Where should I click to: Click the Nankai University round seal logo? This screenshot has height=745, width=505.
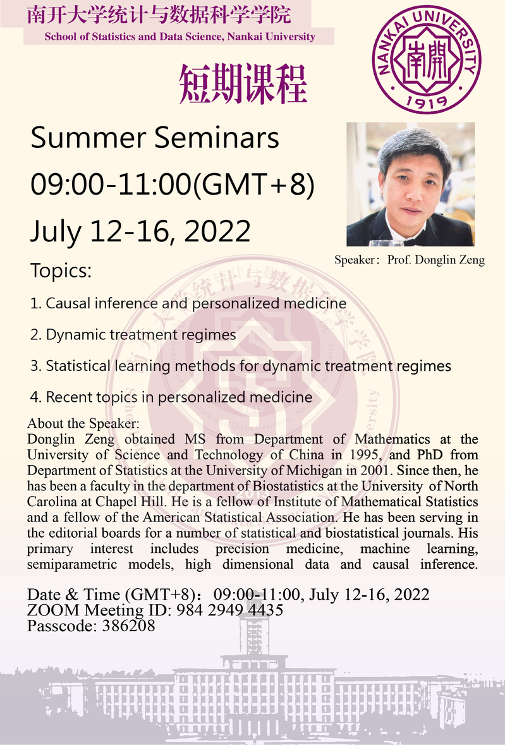pos(426,59)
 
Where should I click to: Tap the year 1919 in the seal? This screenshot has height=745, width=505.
pos(427,100)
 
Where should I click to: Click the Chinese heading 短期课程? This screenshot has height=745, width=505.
pos(243,84)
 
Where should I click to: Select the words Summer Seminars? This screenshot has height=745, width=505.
pos(155,138)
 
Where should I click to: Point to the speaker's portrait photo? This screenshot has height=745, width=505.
pos(410,185)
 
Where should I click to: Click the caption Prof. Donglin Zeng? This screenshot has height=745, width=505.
pos(435,260)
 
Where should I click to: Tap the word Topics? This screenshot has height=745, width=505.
pos(61,271)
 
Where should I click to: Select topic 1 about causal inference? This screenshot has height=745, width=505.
pos(188,303)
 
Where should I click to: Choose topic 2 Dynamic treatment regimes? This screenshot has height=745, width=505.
pos(133,335)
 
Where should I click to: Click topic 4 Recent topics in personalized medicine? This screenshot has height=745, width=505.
pos(171,397)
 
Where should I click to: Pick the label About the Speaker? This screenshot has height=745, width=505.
pos(83,423)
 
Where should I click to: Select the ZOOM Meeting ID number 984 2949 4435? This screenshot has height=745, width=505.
pos(230,610)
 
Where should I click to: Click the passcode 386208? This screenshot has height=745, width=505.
pos(129,626)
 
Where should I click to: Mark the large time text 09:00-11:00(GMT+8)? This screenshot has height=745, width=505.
pos(173,185)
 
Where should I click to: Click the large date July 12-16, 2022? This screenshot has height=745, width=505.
pos(140,232)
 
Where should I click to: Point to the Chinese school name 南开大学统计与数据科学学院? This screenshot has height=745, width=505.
pos(159,15)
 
